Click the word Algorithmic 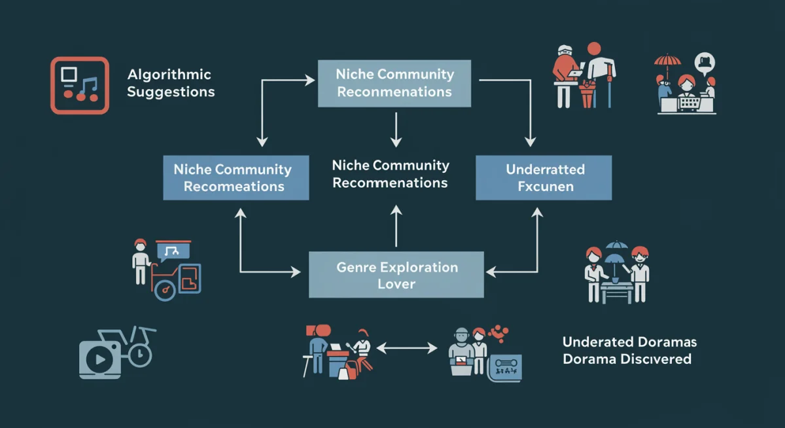pyautogui.click(x=169, y=75)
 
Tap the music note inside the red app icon pyautogui.click(x=88, y=85)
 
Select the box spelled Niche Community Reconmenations pyautogui.click(x=394, y=83)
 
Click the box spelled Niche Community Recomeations pyautogui.click(x=235, y=177)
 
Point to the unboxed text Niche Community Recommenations pyautogui.click(x=391, y=174)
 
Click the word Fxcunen pyautogui.click(x=545, y=187)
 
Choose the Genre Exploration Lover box pyautogui.click(x=396, y=275)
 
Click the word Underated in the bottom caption pyautogui.click(x=597, y=342)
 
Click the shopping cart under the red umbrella pyautogui.click(x=686, y=103)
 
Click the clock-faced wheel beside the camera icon pyautogui.click(x=139, y=355)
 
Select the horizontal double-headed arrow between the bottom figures pyautogui.click(x=407, y=348)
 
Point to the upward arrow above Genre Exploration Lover pyautogui.click(x=395, y=226)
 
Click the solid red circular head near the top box pyautogui.click(x=593, y=49)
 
